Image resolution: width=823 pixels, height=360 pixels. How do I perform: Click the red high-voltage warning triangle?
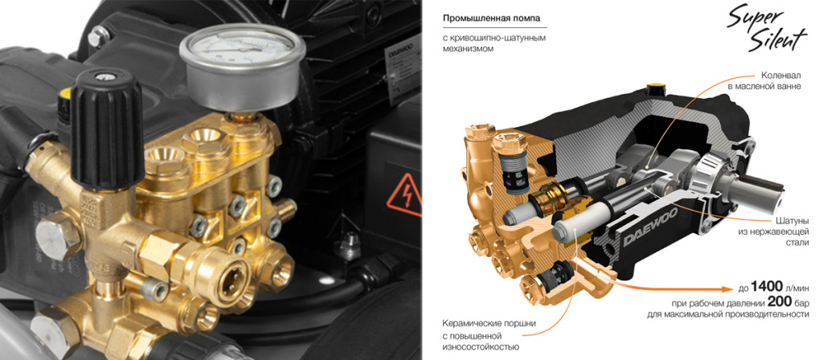pos(404,195)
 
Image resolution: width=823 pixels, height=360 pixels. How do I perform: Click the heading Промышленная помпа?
pos(492,19)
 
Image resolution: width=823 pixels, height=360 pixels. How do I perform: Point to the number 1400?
pos(771,287)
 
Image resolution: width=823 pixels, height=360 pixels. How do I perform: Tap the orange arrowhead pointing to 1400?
pos(727,288)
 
